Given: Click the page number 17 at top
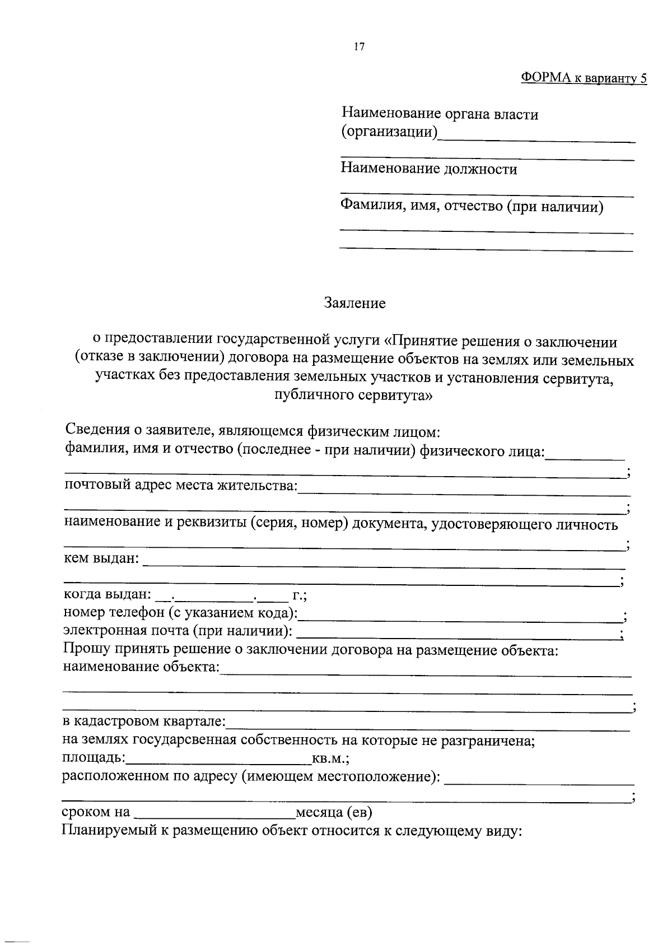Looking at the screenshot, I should [359, 47].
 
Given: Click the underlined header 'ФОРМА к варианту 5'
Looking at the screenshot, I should [584, 78].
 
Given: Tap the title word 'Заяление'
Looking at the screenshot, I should [355, 304].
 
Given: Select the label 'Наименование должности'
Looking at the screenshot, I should [429, 169].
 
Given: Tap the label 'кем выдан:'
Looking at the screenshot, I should [101, 558].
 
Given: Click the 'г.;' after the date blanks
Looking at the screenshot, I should [300, 595].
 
